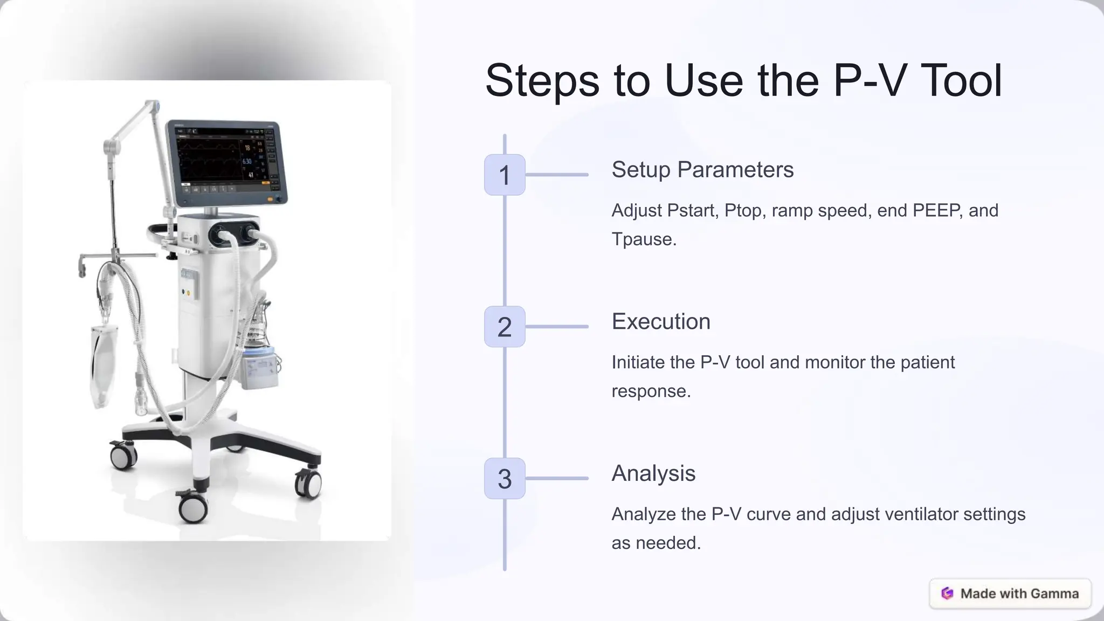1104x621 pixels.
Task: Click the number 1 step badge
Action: click(505, 175)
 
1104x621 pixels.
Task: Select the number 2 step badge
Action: click(505, 327)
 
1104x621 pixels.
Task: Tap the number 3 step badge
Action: click(505, 479)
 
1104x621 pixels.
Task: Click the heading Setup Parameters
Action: click(702, 170)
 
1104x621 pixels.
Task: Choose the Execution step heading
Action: click(661, 322)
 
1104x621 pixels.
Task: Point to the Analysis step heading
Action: click(653, 474)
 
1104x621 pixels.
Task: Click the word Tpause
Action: click(644, 239)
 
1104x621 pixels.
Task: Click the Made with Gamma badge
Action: click(1010, 594)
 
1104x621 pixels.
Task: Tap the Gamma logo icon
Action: click(947, 594)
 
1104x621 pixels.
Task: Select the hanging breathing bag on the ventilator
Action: click(102, 361)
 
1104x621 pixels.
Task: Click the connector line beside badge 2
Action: click(556, 327)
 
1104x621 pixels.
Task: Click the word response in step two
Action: click(651, 391)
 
